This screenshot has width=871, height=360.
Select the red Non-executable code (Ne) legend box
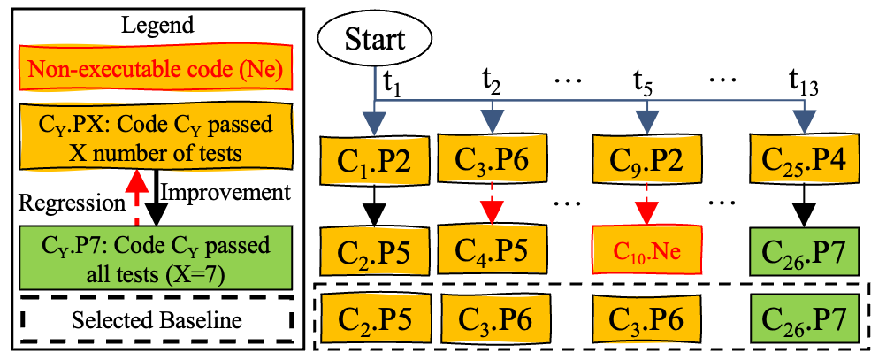tap(156, 70)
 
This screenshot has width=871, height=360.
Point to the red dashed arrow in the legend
tap(134, 198)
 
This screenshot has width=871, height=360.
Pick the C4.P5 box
tap(492, 250)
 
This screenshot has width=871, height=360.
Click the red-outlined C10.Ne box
tap(648, 251)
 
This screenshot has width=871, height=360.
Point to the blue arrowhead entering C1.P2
tap(376, 123)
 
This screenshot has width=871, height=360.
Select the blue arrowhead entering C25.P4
tap(804, 123)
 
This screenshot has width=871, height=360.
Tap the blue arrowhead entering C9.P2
tap(648, 123)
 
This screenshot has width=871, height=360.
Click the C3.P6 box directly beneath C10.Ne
tap(648, 319)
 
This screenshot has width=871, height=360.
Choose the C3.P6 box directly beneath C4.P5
tap(492, 319)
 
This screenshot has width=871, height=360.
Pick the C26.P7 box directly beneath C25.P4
tap(804, 251)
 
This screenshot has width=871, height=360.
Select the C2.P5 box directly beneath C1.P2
tap(376, 251)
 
